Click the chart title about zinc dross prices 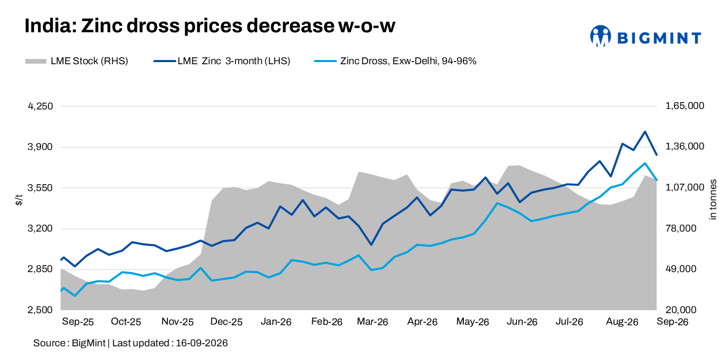click(210, 26)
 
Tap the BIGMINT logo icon click(600, 36)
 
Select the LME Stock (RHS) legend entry click(76, 61)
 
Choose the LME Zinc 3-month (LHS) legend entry click(222, 61)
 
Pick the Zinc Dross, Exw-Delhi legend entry click(395, 61)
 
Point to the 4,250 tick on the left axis click(41, 106)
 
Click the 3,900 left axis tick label click(41, 147)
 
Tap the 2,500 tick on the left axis click(41, 310)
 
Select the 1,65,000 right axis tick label click(685, 106)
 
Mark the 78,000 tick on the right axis click(681, 228)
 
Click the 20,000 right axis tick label click(681, 310)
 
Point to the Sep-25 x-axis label click(77, 322)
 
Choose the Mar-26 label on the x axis click(372, 322)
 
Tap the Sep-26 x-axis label click(672, 322)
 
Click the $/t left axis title click(19, 200)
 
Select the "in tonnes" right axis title click(712, 199)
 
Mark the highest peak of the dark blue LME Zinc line click(645, 132)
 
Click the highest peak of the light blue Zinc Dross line click(645, 163)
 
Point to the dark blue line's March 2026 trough click(371, 245)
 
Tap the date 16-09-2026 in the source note click(202, 343)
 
